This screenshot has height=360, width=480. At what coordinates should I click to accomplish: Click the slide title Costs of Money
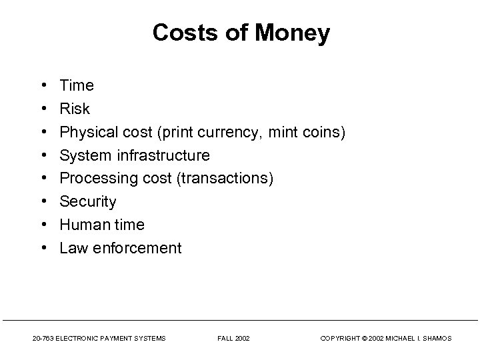[241, 33]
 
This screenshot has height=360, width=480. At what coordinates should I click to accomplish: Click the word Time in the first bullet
[77, 86]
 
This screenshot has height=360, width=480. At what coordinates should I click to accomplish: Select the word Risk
[75, 109]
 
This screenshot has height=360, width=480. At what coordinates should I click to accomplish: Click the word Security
[88, 202]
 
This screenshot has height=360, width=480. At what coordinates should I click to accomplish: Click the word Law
[73, 249]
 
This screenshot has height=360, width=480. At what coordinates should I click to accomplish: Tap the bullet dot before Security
[43, 202]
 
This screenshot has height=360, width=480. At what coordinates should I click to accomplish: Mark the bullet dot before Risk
[43, 109]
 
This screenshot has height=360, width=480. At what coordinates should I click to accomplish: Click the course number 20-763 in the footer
[43, 339]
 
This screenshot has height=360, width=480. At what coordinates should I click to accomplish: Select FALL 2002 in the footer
[233, 339]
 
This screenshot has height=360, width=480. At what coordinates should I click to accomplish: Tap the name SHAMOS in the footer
[437, 339]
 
